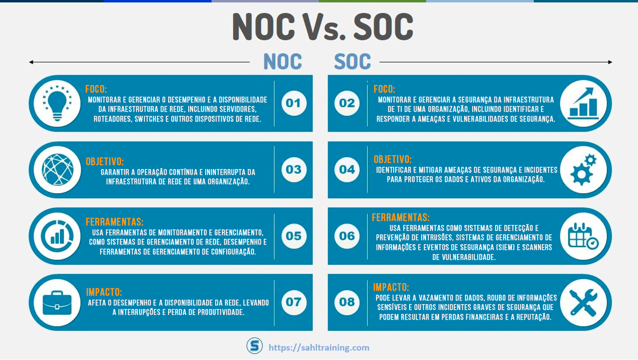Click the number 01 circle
[x=293, y=103]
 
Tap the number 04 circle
[x=347, y=169]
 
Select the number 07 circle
[x=293, y=302]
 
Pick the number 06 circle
[x=347, y=236]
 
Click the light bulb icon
[x=57, y=103]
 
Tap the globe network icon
[x=57, y=169]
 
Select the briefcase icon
[x=57, y=302]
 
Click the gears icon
[x=583, y=170]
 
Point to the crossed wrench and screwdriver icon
[x=583, y=302]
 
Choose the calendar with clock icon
[x=583, y=236]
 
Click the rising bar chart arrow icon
[x=583, y=103]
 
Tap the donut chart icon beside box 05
[x=57, y=236]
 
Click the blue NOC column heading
[x=283, y=62]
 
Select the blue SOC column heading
[x=352, y=62]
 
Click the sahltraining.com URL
[x=319, y=347]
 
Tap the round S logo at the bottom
[x=254, y=346]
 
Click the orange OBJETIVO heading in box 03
[x=105, y=161]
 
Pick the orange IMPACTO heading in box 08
[x=391, y=287]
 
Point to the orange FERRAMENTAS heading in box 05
[x=114, y=222]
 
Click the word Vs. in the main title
[x=322, y=28]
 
